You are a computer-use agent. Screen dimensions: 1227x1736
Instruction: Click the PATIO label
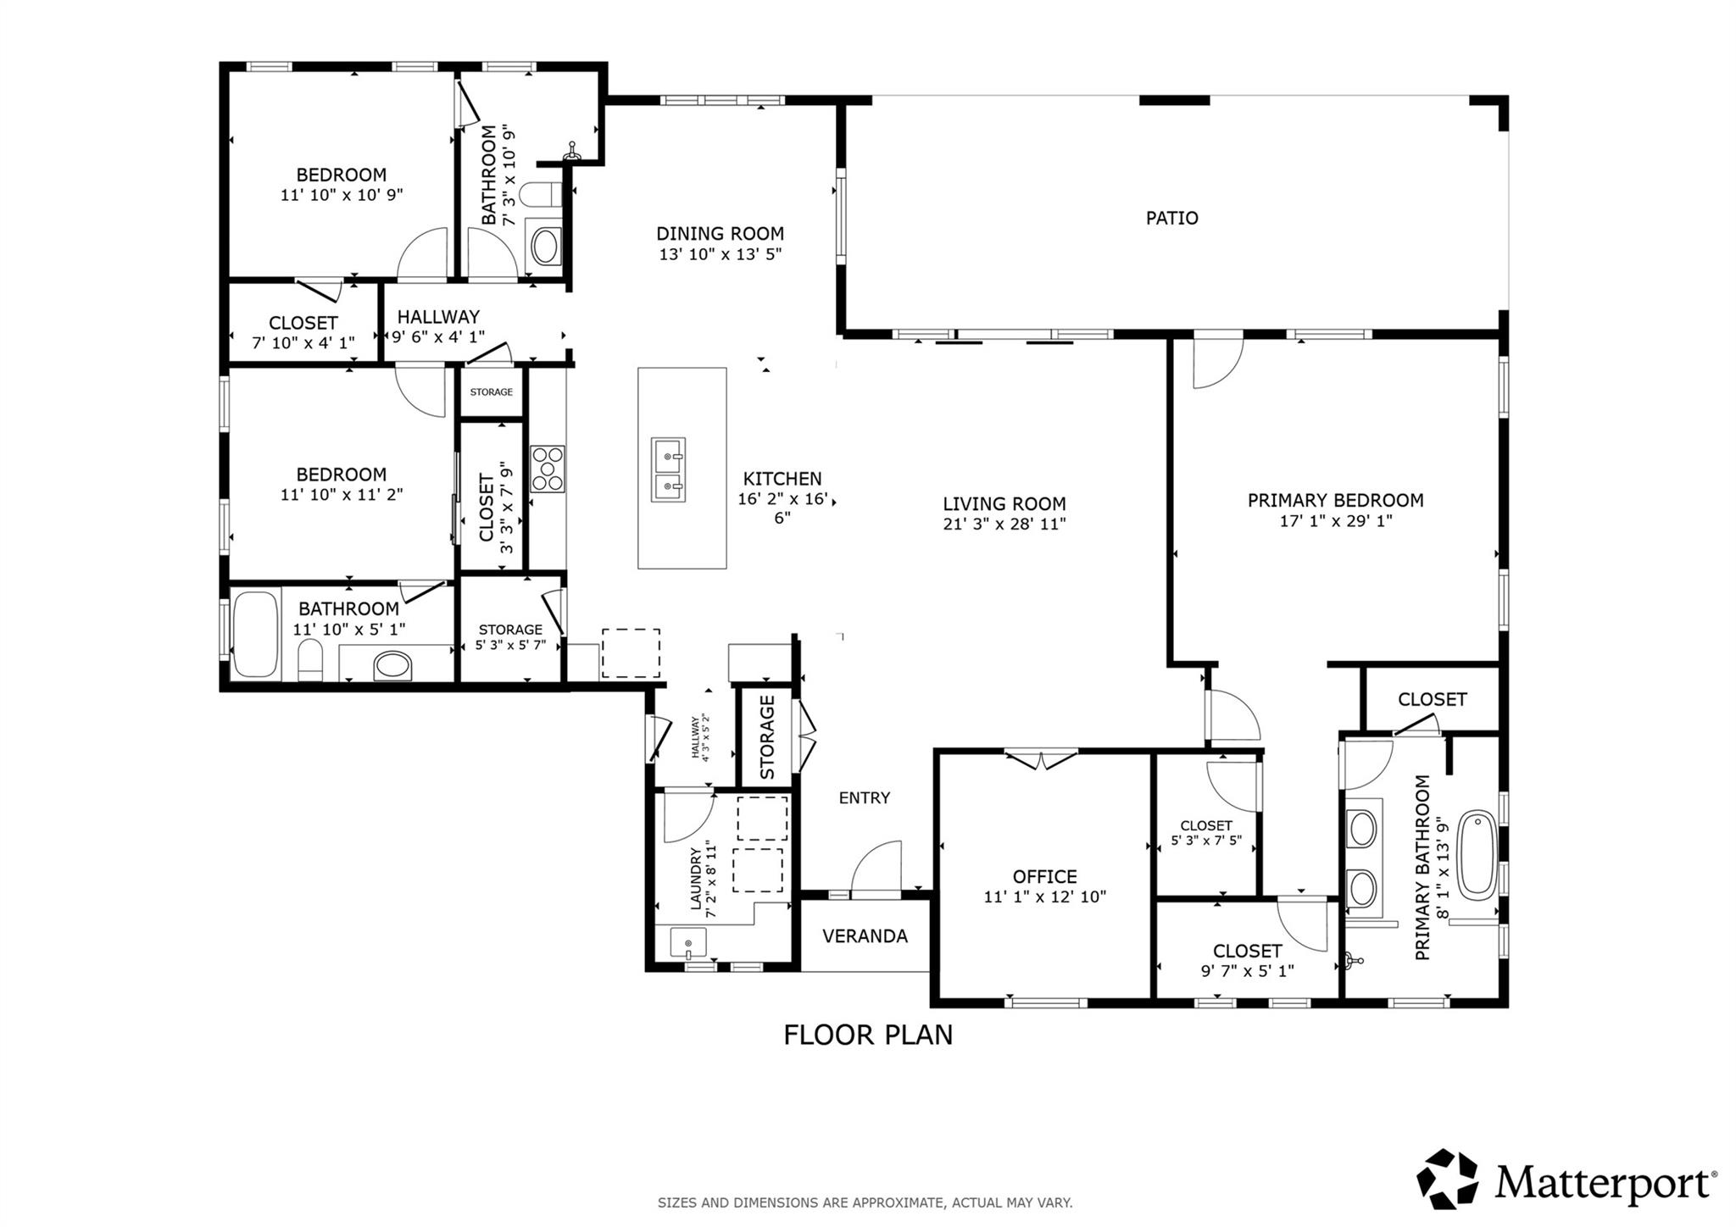tap(1171, 218)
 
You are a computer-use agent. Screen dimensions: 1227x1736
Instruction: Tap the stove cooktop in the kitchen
tap(548, 469)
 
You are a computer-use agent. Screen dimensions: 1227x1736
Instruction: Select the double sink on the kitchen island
tap(668, 469)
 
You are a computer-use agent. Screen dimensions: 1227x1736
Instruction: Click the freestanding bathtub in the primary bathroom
tap(1478, 855)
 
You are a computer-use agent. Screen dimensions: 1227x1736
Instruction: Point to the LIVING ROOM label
tap(1004, 504)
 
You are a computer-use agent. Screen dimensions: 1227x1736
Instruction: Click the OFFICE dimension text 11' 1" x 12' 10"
tap(1044, 897)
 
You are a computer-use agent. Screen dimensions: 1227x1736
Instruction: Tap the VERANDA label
tap(865, 936)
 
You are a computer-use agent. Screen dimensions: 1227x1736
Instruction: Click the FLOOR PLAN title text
tap(867, 1035)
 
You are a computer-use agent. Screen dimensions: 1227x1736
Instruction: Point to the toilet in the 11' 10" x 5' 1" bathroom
tap(310, 661)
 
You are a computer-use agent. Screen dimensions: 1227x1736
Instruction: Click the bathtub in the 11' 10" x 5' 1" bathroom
tap(255, 634)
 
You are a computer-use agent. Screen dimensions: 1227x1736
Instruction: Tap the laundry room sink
tap(687, 941)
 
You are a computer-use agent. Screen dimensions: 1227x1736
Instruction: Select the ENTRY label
tap(864, 797)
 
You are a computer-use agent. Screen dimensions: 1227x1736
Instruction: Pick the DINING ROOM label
tap(720, 233)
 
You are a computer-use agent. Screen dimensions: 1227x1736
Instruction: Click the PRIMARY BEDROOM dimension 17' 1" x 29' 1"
tap(1335, 521)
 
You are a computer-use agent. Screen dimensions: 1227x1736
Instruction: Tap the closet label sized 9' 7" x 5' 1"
tap(1247, 951)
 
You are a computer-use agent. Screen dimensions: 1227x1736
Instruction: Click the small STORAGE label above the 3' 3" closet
tap(491, 391)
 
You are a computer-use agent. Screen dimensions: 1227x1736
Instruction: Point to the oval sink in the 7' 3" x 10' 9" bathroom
tap(544, 246)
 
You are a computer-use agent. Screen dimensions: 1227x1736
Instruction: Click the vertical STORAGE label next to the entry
tap(767, 737)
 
